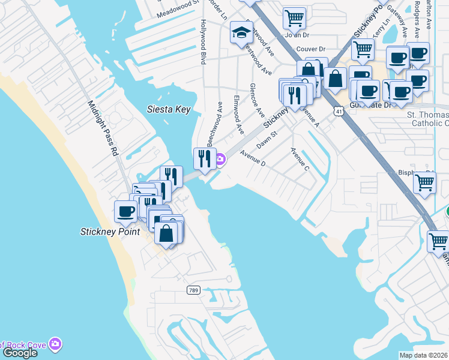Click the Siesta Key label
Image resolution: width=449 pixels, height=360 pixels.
click(169, 109)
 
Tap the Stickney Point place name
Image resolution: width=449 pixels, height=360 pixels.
click(110, 231)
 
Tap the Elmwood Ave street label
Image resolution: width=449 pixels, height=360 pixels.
click(238, 113)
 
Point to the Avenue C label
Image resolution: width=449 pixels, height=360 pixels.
click(300, 159)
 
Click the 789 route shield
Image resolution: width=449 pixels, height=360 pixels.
click(193, 290)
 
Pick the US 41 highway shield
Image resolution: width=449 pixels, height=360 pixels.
click(340, 111)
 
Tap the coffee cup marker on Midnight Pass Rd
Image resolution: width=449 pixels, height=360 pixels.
click(126, 211)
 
